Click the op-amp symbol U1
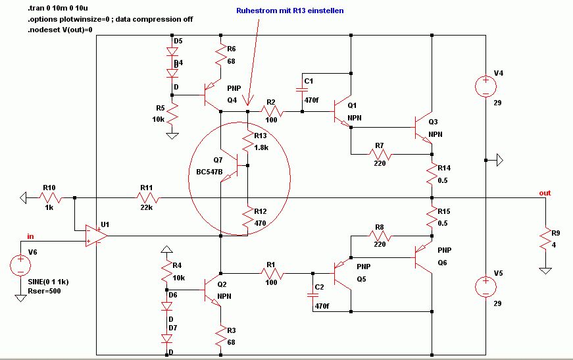click(96, 236)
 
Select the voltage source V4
click(486, 87)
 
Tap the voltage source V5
click(486, 286)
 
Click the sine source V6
click(20, 265)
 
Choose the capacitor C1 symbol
click(302, 90)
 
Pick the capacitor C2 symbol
click(312, 296)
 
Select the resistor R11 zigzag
click(147, 197)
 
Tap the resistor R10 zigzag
click(50, 197)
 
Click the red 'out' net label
click(545, 193)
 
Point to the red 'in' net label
click(30, 236)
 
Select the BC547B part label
click(209, 172)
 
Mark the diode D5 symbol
click(172, 52)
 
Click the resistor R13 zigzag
click(248, 141)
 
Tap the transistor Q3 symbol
click(424, 128)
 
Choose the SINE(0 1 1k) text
click(48, 282)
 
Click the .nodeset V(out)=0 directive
click(61, 30)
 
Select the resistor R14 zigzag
click(432, 174)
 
